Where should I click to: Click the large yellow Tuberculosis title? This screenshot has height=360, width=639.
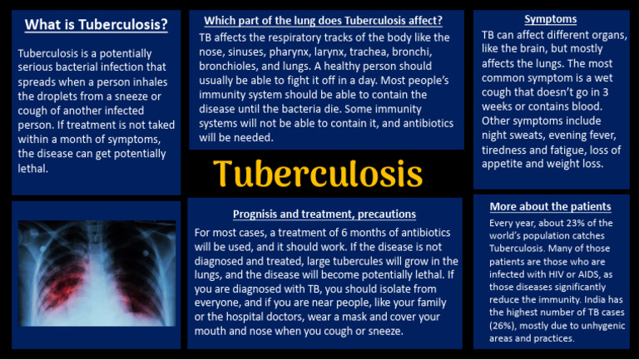(318, 175)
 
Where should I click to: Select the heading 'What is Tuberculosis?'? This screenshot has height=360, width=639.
(96, 24)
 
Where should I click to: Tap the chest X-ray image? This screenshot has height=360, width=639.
(97, 272)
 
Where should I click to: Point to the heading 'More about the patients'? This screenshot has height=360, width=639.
(550, 206)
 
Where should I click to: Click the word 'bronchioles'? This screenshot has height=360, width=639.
(229, 66)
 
